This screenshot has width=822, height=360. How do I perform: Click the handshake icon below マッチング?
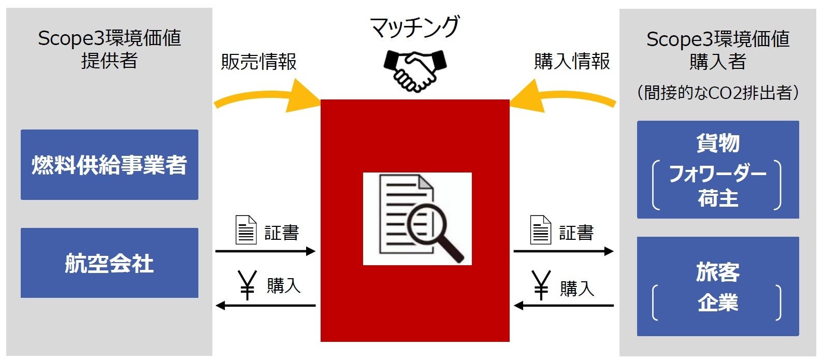pos(415,70)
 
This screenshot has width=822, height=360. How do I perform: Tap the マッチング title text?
pos(415,27)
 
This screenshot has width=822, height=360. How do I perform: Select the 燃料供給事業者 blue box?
pos(109,165)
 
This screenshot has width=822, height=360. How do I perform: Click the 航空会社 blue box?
pos(109,263)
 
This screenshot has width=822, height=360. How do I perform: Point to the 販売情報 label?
pos(259,62)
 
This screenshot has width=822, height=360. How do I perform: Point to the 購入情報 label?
pos(572,62)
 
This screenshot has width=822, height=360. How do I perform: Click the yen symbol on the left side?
pos(248,285)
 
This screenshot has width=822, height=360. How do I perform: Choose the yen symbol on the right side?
pos(541,285)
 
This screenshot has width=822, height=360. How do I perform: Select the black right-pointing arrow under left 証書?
pos(265,251)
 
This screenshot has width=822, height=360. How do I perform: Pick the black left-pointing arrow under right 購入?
pos(564,306)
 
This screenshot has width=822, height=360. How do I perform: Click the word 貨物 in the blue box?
pos(718,142)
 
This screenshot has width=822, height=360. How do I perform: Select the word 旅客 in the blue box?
pos(718,272)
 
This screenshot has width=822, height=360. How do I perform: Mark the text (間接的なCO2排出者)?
pos(718,93)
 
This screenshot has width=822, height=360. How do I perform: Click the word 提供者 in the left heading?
pos(109,61)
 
